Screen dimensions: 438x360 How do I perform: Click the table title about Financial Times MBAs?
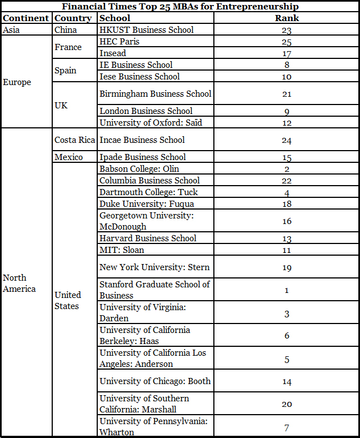180,7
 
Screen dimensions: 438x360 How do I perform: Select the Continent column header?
26,18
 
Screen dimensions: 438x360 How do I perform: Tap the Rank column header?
287,18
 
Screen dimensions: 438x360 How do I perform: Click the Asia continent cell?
12,30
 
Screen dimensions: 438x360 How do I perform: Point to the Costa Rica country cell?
74,140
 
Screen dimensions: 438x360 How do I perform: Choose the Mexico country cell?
68,157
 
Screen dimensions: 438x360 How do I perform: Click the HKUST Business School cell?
147,30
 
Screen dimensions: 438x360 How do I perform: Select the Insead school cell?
113,53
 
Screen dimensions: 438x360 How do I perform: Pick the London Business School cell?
146,111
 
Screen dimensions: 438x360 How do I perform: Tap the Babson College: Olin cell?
139,169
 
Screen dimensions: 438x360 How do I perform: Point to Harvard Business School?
148,238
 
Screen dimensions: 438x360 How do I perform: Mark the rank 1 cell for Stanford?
287,290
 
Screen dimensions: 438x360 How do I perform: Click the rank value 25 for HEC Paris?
287,42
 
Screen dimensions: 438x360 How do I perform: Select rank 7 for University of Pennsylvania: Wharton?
287,427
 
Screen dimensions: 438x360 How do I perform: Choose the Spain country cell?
66,71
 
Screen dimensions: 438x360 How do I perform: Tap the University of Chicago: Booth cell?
155,381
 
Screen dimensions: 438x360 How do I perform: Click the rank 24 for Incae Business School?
287,140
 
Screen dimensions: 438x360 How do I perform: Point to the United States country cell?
68,300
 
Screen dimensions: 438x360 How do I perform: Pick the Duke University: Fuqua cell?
147,204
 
